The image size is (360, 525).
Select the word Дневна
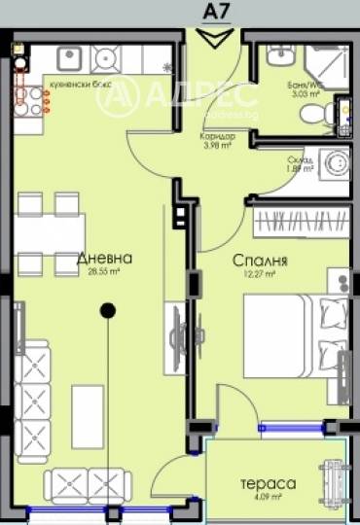tap(103, 259)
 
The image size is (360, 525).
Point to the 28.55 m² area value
tap(103, 273)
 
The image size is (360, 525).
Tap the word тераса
tap(269, 482)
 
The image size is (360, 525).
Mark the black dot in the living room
tap(108, 310)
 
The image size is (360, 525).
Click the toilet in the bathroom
tap(313, 116)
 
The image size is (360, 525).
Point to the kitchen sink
tap(106, 58)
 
